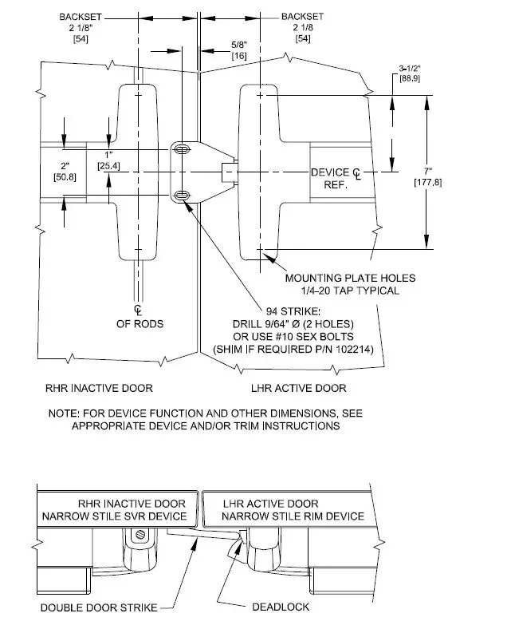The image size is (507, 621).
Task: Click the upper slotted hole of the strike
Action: click(x=183, y=150)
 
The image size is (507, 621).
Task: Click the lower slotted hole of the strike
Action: click(x=183, y=196)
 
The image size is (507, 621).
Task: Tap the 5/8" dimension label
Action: click(x=238, y=44)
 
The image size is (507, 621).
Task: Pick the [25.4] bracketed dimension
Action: click(x=109, y=165)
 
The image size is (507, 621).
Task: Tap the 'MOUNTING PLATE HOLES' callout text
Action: click(x=350, y=278)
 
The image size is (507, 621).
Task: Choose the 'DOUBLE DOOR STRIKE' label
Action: click(x=99, y=607)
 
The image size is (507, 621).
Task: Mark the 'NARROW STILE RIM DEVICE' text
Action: click(x=293, y=516)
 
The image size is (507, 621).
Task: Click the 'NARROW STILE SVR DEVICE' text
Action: click(x=114, y=516)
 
